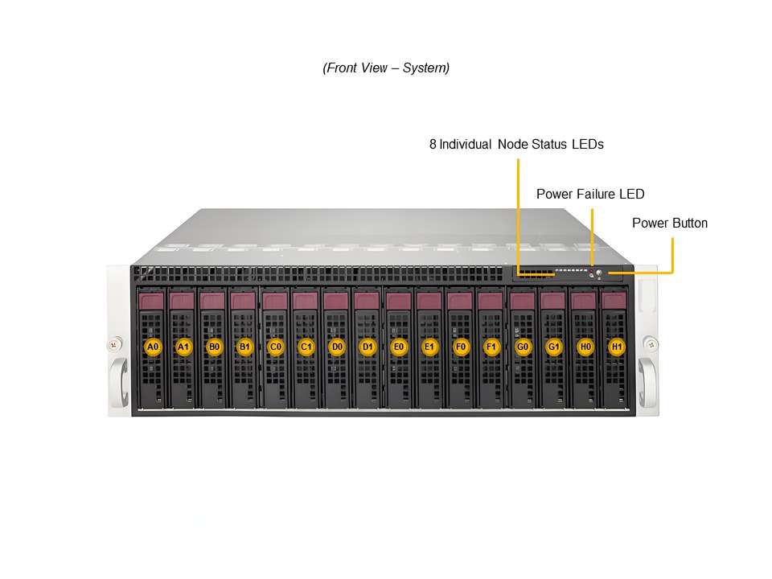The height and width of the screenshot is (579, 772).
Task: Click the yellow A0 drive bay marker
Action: [x=152, y=347]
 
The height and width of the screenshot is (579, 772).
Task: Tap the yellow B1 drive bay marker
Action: [x=244, y=347]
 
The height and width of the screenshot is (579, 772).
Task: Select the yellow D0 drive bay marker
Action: [x=337, y=347]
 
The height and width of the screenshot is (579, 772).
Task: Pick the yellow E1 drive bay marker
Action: [x=429, y=347]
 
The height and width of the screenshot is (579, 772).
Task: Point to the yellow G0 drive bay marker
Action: [x=523, y=347]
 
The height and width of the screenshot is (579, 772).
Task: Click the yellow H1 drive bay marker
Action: [x=616, y=347]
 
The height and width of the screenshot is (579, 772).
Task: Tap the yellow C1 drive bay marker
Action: [x=306, y=347]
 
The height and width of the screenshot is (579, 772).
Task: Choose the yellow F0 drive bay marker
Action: [x=461, y=347]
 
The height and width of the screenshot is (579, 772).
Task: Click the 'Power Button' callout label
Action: [x=670, y=223]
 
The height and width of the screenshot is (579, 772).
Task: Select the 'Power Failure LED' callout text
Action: [x=590, y=194]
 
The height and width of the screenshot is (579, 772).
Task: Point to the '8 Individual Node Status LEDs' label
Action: [x=516, y=145]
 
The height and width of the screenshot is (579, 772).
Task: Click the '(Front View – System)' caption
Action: [x=386, y=68]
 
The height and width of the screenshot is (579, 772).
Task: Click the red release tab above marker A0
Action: [x=152, y=302]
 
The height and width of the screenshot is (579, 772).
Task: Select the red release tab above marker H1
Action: [x=613, y=301]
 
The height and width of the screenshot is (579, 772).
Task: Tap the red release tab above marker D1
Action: [x=366, y=301]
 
